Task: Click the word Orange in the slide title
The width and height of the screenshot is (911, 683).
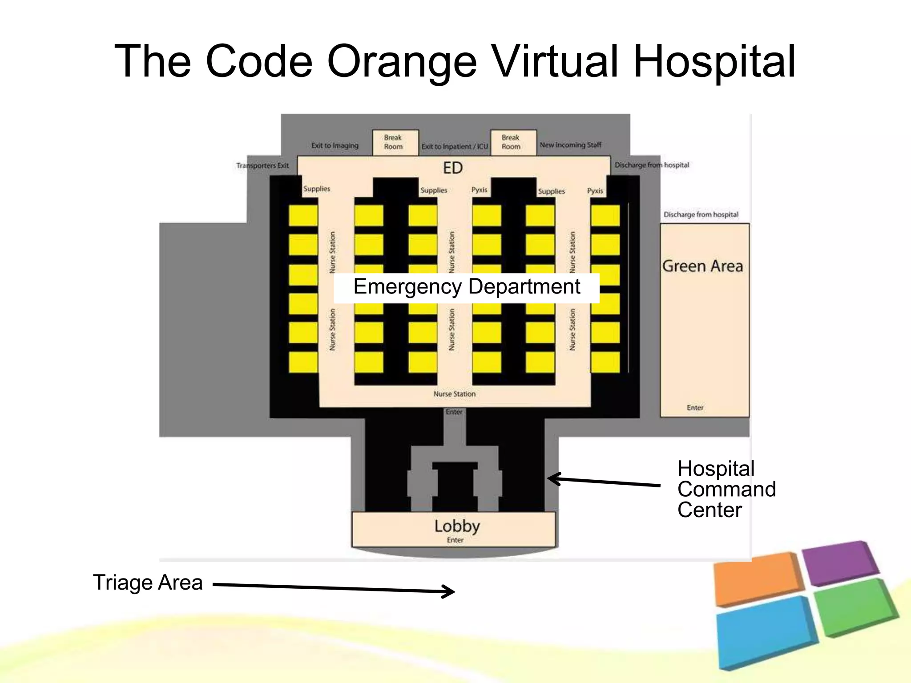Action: click(402, 62)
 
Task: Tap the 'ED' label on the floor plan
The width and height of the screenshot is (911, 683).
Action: click(453, 168)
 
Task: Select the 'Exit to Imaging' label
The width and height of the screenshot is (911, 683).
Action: click(335, 145)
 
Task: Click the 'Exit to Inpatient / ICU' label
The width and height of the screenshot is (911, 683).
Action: click(455, 146)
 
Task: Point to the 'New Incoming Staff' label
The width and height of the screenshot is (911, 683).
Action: click(570, 145)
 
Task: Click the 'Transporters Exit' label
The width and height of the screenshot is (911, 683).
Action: click(262, 165)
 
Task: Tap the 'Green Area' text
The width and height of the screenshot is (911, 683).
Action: click(702, 266)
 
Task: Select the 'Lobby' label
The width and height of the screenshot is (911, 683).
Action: click(457, 526)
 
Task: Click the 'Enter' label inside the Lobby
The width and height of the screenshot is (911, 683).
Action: click(455, 540)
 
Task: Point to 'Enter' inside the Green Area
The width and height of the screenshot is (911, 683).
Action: click(695, 407)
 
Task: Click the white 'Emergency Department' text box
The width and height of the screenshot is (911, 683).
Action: click(466, 287)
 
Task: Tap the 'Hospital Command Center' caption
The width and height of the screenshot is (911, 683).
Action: click(726, 489)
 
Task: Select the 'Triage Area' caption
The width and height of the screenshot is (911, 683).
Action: click(148, 583)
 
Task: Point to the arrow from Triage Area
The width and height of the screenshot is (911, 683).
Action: click(334, 588)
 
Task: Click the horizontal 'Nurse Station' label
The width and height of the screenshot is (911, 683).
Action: click(454, 394)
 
